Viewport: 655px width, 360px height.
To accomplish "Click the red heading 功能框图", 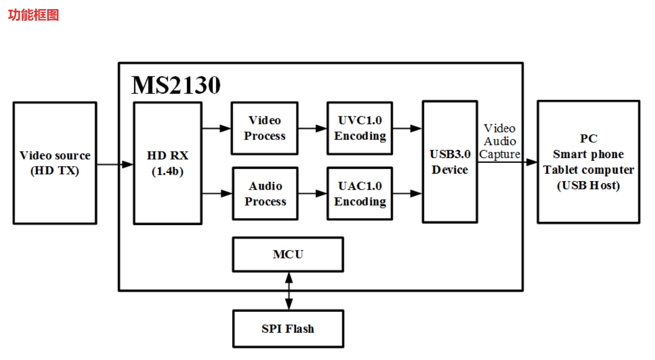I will pos(33,15).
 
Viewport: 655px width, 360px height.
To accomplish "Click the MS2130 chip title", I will pos(176,85).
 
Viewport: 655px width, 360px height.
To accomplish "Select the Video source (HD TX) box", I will pos(55,163).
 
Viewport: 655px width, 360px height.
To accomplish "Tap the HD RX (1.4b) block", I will pos(167,163).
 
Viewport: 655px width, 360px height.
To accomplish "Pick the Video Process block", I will pos(264,128).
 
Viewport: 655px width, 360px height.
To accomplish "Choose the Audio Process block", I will pos(265,193).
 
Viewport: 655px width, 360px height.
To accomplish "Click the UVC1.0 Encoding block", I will pos(360,128).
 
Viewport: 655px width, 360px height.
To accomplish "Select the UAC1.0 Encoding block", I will pos(360,193).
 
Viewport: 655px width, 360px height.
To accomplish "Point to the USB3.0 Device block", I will pos(450,162).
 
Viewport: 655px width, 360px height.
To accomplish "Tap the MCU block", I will pos(287,254).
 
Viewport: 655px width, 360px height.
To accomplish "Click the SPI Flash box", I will pos(287,328).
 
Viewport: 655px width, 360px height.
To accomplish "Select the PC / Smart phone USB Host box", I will pos(588,162).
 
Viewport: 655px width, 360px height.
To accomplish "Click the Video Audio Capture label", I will pos(500,141).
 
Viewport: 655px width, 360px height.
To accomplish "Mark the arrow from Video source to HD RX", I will pos(115,165).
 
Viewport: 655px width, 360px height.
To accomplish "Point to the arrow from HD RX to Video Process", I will pos(216,128).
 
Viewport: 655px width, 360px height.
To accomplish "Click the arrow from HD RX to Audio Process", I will pos(217,193).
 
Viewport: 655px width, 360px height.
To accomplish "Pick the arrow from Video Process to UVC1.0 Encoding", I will pos(312,128).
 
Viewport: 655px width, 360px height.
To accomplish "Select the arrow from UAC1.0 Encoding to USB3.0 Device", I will pos(408,193).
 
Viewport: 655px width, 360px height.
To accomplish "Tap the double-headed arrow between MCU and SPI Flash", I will pos(289,291).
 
